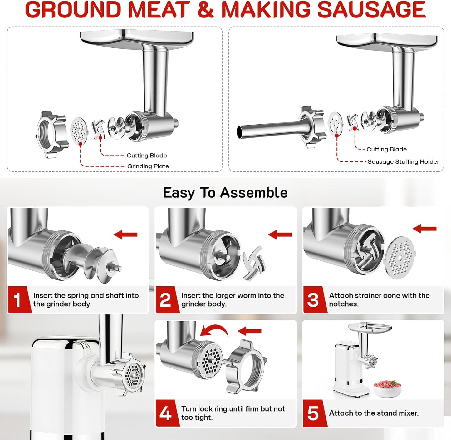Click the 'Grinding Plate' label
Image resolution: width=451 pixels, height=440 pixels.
(x=148, y=166)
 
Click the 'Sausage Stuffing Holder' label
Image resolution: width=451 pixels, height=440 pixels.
(x=403, y=161)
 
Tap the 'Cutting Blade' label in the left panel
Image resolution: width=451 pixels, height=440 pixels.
(x=147, y=156)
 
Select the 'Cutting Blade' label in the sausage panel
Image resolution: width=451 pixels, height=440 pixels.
(x=386, y=149)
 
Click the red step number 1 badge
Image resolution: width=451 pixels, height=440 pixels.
(x=18, y=299)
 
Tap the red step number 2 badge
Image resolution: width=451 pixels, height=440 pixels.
(x=165, y=299)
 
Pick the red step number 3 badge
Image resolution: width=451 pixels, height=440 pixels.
(x=313, y=299)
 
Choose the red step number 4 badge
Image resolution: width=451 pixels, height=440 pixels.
(x=165, y=413)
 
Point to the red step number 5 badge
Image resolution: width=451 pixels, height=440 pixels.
(x=313, y=413)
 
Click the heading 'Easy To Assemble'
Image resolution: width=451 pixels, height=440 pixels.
(x=225, y=193)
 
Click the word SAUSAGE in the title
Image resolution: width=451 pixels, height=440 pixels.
(x=371, y=10)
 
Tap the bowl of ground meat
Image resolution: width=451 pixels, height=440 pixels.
(x=387, y=388)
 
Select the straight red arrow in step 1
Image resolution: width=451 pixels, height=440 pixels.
(x=125, y=235)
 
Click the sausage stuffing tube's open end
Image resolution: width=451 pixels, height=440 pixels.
(x=240, y=132)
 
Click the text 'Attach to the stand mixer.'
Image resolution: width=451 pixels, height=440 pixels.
(x=374, y=413)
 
